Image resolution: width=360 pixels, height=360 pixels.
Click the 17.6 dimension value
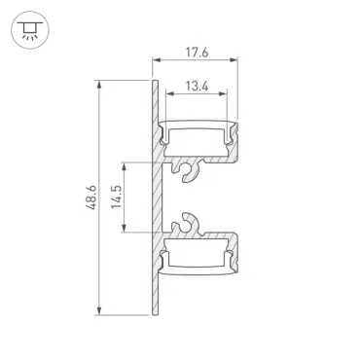pos(197,53)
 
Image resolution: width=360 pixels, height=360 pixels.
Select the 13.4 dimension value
pos(197,87)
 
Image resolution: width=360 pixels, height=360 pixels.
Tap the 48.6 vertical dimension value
pos(91,198)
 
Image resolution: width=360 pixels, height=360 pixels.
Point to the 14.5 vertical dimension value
pos(116,197)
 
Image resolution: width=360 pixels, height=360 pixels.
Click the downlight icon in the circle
pos(30,30)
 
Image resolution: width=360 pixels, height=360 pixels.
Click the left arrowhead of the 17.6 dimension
pos(157,60)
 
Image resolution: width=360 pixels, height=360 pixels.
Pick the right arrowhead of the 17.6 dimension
pos(234,60)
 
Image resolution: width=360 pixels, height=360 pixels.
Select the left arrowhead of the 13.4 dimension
pos(170,93)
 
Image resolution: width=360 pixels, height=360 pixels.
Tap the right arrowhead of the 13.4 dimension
pos(223,93)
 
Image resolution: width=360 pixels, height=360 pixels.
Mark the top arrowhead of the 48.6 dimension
pos(99,84)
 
